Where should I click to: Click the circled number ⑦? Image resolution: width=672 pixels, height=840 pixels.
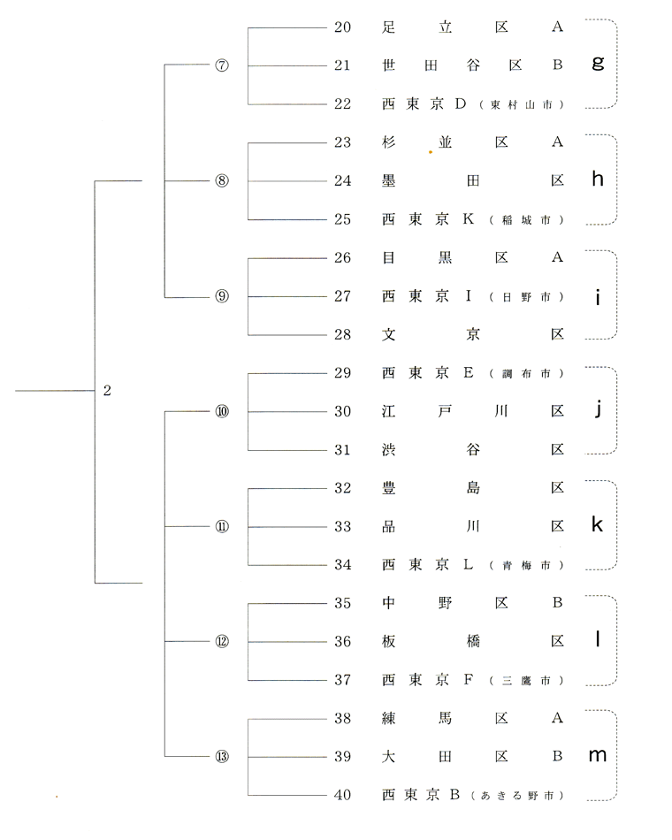point(222,65)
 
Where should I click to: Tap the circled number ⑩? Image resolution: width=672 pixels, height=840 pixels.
point(222,411)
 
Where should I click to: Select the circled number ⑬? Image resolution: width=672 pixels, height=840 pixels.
point(222,756)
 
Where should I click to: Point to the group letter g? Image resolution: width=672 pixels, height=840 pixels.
point(598,64)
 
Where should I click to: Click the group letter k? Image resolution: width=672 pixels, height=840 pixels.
point(597,524)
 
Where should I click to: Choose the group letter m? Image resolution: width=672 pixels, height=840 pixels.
point(598,755)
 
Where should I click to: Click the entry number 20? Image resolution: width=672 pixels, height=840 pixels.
point(342,27)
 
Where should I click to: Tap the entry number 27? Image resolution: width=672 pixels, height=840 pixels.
point(342,296)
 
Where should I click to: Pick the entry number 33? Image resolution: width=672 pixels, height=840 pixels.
point(342,527)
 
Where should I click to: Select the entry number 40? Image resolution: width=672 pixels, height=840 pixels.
point(342,795)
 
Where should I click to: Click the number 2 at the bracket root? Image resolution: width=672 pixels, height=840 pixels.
point(107,391)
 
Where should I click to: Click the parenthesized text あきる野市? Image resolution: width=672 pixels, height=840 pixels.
point(517,796)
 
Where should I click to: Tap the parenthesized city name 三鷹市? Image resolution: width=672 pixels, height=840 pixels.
point(526,681)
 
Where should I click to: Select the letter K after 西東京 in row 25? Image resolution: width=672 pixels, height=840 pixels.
point(469,219)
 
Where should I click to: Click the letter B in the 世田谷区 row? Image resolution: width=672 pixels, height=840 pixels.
point(557,65)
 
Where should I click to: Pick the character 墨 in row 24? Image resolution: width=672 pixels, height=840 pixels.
point(388,181)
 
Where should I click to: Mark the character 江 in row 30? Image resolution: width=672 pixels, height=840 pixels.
point(388,411)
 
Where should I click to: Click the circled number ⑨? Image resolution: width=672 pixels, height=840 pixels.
point(222,296)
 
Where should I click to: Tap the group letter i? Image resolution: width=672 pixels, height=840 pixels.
point(598,296)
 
